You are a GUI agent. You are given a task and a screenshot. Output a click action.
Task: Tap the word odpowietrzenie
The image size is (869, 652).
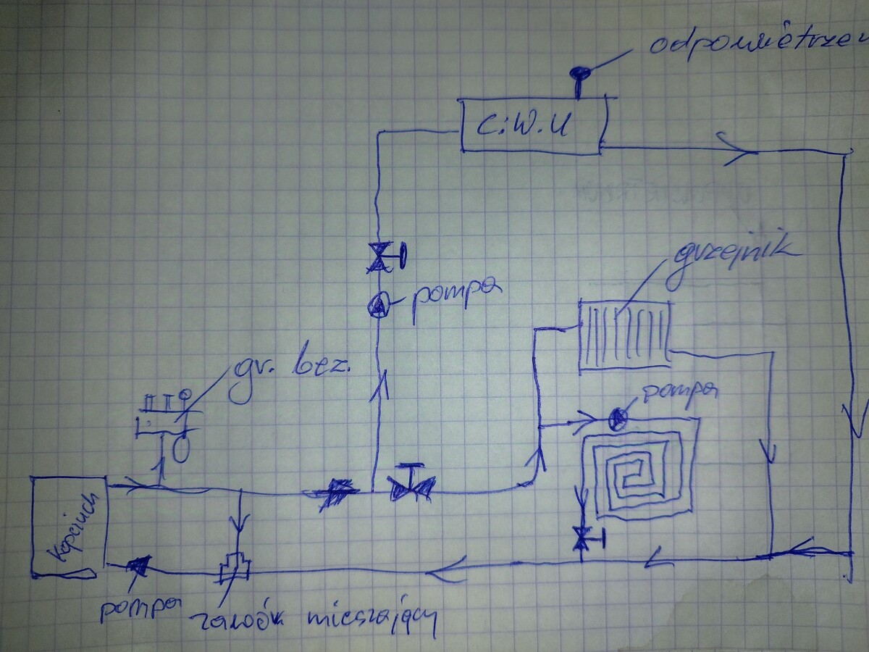coord(757,45)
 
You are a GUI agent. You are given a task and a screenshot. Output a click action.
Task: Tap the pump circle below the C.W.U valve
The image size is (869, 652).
coord(378,306)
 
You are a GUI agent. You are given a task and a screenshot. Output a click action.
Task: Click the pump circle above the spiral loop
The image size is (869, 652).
coord(617,418)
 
